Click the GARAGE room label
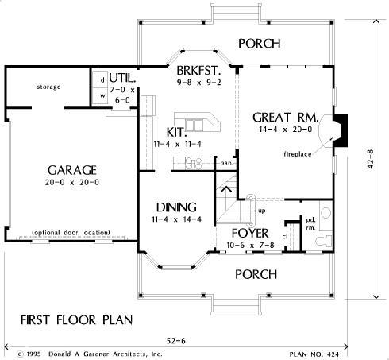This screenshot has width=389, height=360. pos(72,170)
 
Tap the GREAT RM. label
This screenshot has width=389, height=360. pos(286,118)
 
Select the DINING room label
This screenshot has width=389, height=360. pos(176,207)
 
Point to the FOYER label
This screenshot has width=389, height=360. pos(250,233)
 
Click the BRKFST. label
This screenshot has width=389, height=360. pos(198,71)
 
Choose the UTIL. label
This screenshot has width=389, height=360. pos(122,78)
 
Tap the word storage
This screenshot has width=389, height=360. pos(48,87)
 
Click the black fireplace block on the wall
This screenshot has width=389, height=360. pos(341,130)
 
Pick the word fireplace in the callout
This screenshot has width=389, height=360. pos(298,154)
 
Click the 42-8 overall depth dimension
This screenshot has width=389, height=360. pos(370,159)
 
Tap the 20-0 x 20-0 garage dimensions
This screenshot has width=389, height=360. pos(72,182)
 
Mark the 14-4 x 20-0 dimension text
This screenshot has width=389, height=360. pos(286,130)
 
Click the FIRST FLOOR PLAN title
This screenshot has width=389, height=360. pos(77,320)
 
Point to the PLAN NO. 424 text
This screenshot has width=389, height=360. pos(314,354)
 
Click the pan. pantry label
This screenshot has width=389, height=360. pos(227,163)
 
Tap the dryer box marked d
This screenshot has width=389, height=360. pos(102,80)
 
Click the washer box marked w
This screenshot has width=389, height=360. pos(102,96)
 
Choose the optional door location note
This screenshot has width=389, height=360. pos(71,233)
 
